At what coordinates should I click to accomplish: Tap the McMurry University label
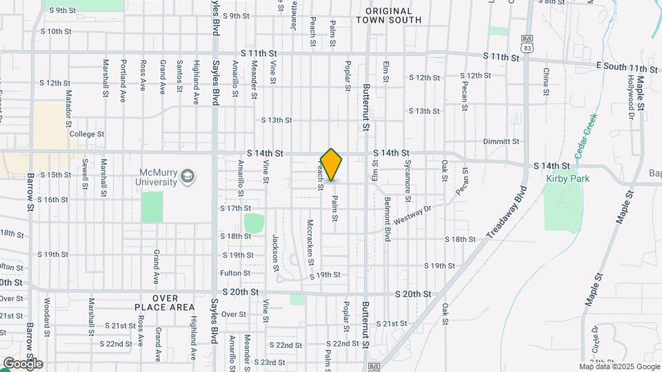(x=159, y=177)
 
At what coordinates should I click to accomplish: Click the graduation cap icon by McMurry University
(x=188, y=177)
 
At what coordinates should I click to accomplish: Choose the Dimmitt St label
(x=501, y=141)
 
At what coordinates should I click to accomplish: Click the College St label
(x=86, y=134)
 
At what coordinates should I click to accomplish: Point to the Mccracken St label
(x=310, y=242)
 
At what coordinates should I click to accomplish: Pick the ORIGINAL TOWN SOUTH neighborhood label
(x=388, y=16)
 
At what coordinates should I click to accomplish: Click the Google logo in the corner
(x=23, y=364)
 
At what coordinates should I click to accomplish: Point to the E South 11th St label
(x=627, y=69)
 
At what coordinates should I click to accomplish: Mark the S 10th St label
(x=56, y=32)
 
